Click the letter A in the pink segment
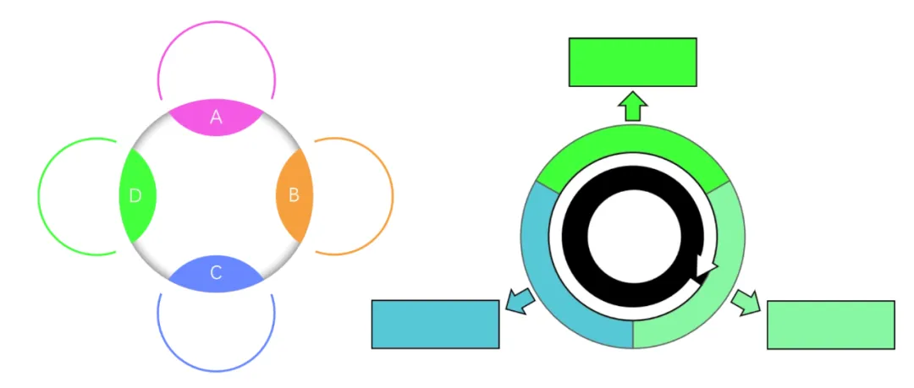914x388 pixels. tap(216, 117)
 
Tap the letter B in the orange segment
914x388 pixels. tap(294, 195)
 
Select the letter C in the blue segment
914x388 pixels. tap(216, 273)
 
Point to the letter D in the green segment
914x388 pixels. tap(135, 196)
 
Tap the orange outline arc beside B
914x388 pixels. tap(392, 196)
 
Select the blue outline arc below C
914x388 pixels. tap(217, 370)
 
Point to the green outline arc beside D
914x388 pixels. tap(39, 196)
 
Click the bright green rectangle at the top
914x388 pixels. tap(632, 62)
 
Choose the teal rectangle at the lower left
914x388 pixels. tap(435, 324)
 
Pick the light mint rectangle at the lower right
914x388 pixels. tap(830, 325)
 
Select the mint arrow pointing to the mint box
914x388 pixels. tap(745, 301)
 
